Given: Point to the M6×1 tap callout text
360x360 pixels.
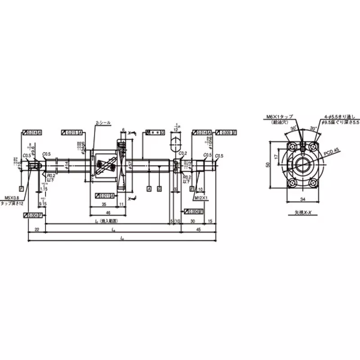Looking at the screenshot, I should pos(279,117).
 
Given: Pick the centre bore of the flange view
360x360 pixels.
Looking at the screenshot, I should pos(303,164).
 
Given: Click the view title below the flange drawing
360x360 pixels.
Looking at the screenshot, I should pos(302,212).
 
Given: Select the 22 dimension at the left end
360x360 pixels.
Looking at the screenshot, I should pos(37,230).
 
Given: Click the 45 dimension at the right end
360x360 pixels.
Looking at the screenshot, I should pos(198,230).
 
